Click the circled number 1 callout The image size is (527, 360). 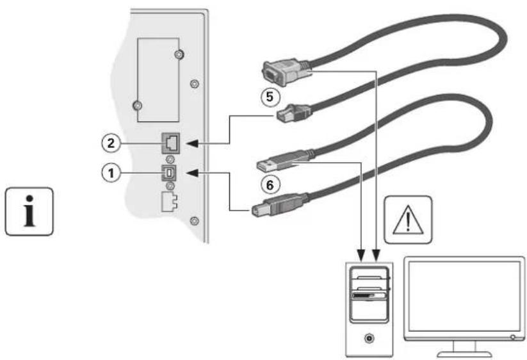tap(111, 173)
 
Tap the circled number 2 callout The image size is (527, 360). tap(111, 143)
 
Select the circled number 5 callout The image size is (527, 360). tap(270, 97)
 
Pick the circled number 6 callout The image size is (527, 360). tap(270, 185)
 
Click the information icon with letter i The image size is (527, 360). tap(29, 211)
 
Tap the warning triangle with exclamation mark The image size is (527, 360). tap(408, 220)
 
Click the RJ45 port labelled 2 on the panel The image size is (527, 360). tap(171, 143)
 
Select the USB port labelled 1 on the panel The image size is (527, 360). tap(170, 173)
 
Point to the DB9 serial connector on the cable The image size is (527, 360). tap(285, 71)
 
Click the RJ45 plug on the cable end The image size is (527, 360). tap(293, 113)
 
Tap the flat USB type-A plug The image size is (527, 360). tap(283, 161)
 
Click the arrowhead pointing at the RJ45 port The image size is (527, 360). tap(192, 143)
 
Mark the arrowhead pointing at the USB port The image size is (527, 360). tap(192, 173)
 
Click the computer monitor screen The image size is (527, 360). tap(464, 296)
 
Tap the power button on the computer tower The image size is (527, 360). tap(369, 338)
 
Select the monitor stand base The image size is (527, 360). tap(464, 354)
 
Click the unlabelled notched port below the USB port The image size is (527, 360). tap(169, 202)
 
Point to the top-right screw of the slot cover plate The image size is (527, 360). tap(179, 54)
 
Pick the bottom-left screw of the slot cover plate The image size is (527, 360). tap(137, 106)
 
